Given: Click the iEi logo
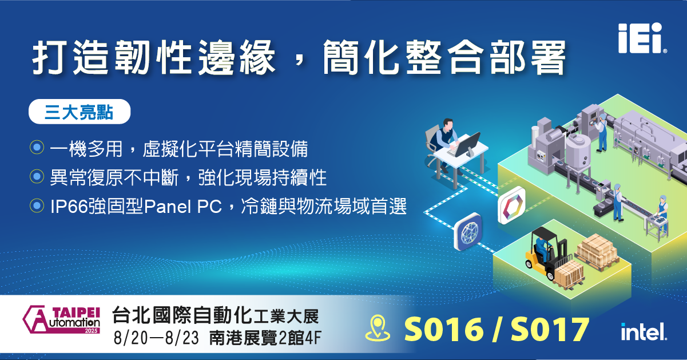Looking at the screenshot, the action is coord(642,38).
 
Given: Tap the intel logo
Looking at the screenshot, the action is coord(644,331).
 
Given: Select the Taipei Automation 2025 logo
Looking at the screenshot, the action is coord(61,319).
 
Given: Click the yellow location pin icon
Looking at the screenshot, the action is coord(378,329).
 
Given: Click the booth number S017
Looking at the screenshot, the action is coord(550,329).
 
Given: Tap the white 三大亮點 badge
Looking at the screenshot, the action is coord(80,112).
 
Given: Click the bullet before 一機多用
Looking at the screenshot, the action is coord(37,147).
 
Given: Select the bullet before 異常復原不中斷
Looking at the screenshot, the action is coord(37,176).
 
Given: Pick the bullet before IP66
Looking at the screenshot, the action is coord(37,205).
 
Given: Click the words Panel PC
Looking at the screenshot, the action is coord(183,207).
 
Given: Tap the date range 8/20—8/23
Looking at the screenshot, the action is coord(156,338).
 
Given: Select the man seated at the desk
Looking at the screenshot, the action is coord(446,143).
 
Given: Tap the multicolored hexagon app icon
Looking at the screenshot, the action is coord(511,205).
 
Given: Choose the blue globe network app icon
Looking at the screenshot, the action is coord(468,231).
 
